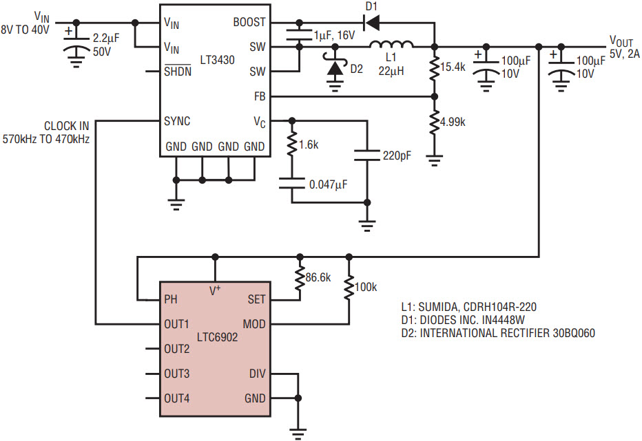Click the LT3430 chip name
[217, 60]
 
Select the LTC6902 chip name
[217, 337]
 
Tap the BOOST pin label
[249, 22]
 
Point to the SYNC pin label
[177, 121]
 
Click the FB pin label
[260, 96]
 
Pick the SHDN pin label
[178, 71]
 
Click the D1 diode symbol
[372, 22]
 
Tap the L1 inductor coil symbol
[391, 44]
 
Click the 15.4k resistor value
[453, 67]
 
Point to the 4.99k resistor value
[453, 122]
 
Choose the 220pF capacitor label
[397, 156]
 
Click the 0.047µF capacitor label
[329, 184]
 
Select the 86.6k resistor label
[318, 277]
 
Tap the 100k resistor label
[366, 287]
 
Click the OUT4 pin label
[177, 398]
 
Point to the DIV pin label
[257, 374]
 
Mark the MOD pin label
[254, 324]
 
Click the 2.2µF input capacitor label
[106, 39]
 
